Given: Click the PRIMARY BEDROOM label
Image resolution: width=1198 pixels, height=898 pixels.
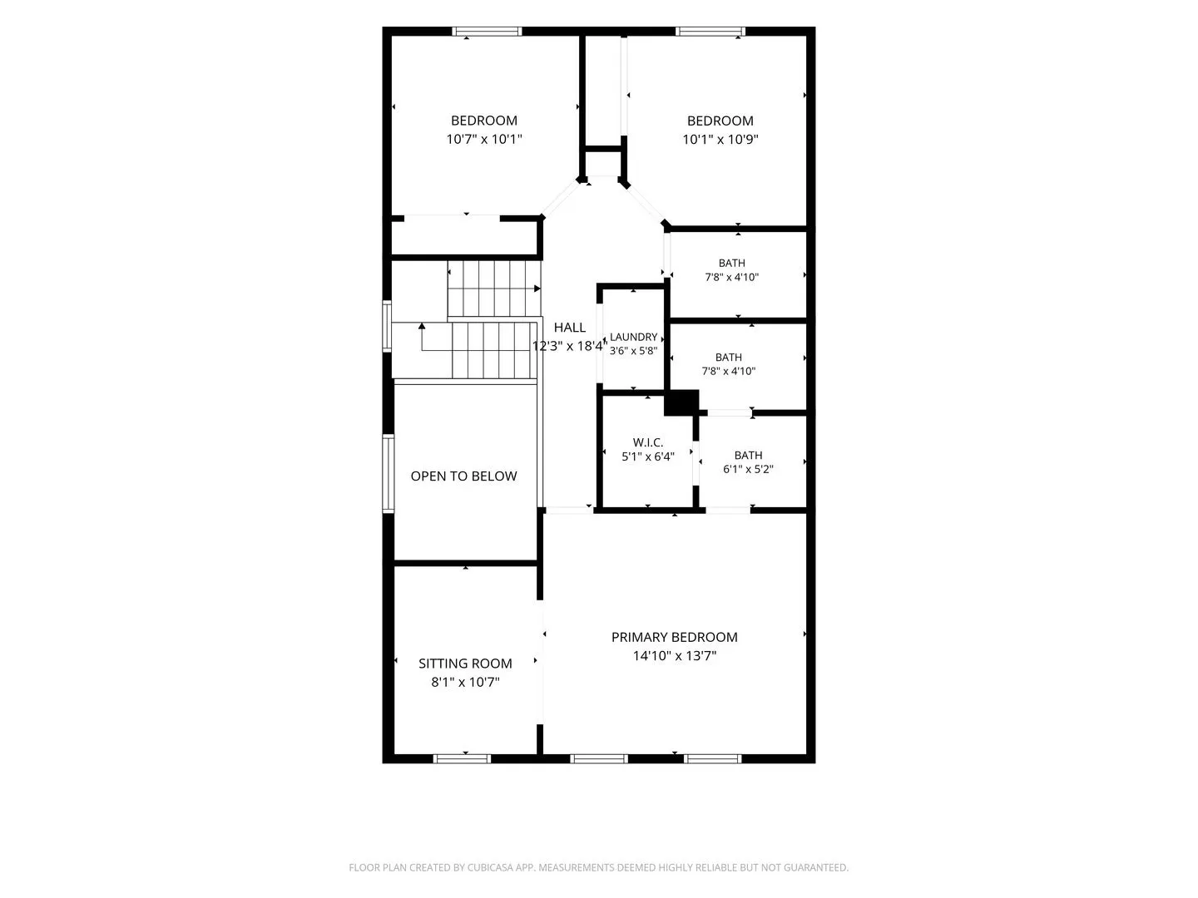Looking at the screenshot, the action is pyautogui.click(x=674, y=637).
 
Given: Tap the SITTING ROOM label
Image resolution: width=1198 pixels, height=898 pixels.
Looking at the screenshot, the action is pyautogui.click(x=465, y=663).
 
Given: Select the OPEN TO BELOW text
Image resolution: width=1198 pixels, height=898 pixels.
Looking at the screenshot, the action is pyautogui.click(x=463, y=476).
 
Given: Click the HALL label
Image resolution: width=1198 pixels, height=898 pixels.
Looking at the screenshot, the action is pyautogui.click(x=570, y=327).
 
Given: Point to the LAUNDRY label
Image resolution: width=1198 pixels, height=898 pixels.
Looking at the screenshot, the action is pyautogui.click(x=634, y=337).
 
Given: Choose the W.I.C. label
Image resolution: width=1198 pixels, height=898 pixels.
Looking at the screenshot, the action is pyautogui.click(x=648, y=442).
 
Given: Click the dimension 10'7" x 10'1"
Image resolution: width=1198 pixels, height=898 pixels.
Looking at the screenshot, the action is pyautogui.click(x=484, y=139).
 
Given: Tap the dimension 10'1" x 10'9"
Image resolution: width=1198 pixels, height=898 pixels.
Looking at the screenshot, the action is pyautogui.click(x=720, y=139).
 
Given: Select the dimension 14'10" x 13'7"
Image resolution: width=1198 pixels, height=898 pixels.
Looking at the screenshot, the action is pyautogui.click(x=675, y=655).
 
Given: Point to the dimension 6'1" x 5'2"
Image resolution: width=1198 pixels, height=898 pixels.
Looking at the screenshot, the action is pyautogui.click(x=748, y=469).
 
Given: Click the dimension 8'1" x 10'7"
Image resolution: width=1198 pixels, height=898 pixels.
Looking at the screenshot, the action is pyautogui.click(x=465, y=682).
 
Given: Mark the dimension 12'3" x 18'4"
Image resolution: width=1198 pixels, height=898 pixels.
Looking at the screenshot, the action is pyautogui.click(x=570, y=346).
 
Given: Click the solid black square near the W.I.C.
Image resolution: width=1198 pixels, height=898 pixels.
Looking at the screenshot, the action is pyautogui.click(x=681, y=402).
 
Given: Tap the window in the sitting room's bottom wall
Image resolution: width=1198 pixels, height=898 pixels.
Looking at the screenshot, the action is pyautogui.click(x=462, y=758).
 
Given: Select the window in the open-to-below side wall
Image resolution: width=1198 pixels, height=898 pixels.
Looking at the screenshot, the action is pyautogui.click(x=388, y=473).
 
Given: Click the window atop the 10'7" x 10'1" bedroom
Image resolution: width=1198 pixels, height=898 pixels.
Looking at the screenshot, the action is pyautogui.click(x=487, y=32).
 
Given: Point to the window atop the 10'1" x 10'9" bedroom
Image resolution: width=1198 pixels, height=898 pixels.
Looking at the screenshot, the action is pyautogui.click(x=710, y=32).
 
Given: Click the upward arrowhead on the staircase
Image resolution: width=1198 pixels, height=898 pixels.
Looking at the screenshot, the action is pyautogui.click(x=421, y=326).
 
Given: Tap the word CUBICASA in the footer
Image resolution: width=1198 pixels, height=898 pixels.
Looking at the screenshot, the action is pyautogui.click(x=489, y=867).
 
